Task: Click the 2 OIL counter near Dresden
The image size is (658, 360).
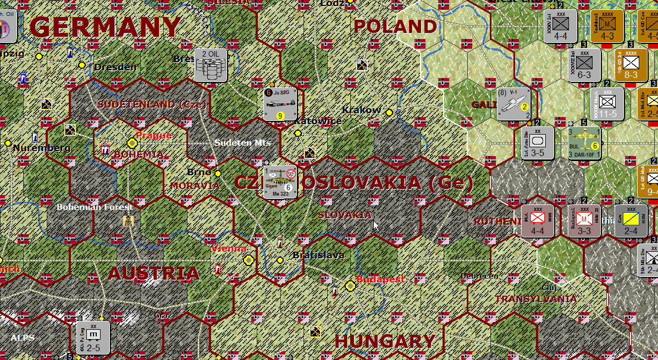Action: (x=211, y=64)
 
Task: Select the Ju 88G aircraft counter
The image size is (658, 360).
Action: (x=280, y=104)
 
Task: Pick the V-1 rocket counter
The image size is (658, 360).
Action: (x=513, y=103)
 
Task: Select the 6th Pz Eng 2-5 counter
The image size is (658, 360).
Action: (x=93, y=337)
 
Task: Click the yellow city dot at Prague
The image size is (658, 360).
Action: (x=132, y=142)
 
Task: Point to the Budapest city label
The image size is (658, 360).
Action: (x=380, y=279)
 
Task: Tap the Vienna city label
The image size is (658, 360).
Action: (x=229, y=248)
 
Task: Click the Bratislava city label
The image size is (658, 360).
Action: (x=318, y=255)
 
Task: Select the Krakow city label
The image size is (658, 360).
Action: (x=361, y=110)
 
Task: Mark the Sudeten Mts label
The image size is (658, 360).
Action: (x=242, y=142)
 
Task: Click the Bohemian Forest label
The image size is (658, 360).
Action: (x=95, y=207)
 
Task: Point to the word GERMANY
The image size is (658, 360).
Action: (x=105, y=26)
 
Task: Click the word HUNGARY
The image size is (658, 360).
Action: (x=385, y=341)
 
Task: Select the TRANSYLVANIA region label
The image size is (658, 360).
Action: (x=536, y=299)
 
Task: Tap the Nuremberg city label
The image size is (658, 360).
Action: (x=41, y=148)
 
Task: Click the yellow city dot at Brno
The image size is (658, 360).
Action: (x=218, y=173)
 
